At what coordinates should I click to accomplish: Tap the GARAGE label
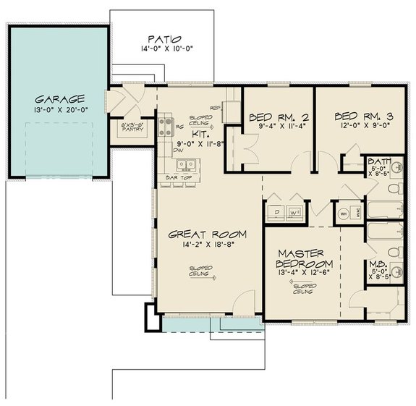point(61,98)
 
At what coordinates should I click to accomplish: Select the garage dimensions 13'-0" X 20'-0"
point(61,110)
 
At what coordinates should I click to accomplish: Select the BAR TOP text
point(178,175)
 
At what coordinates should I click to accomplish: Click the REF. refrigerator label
point(215,107)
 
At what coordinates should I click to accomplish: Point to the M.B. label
point(378,266)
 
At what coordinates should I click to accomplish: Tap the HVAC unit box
point(357,213)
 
